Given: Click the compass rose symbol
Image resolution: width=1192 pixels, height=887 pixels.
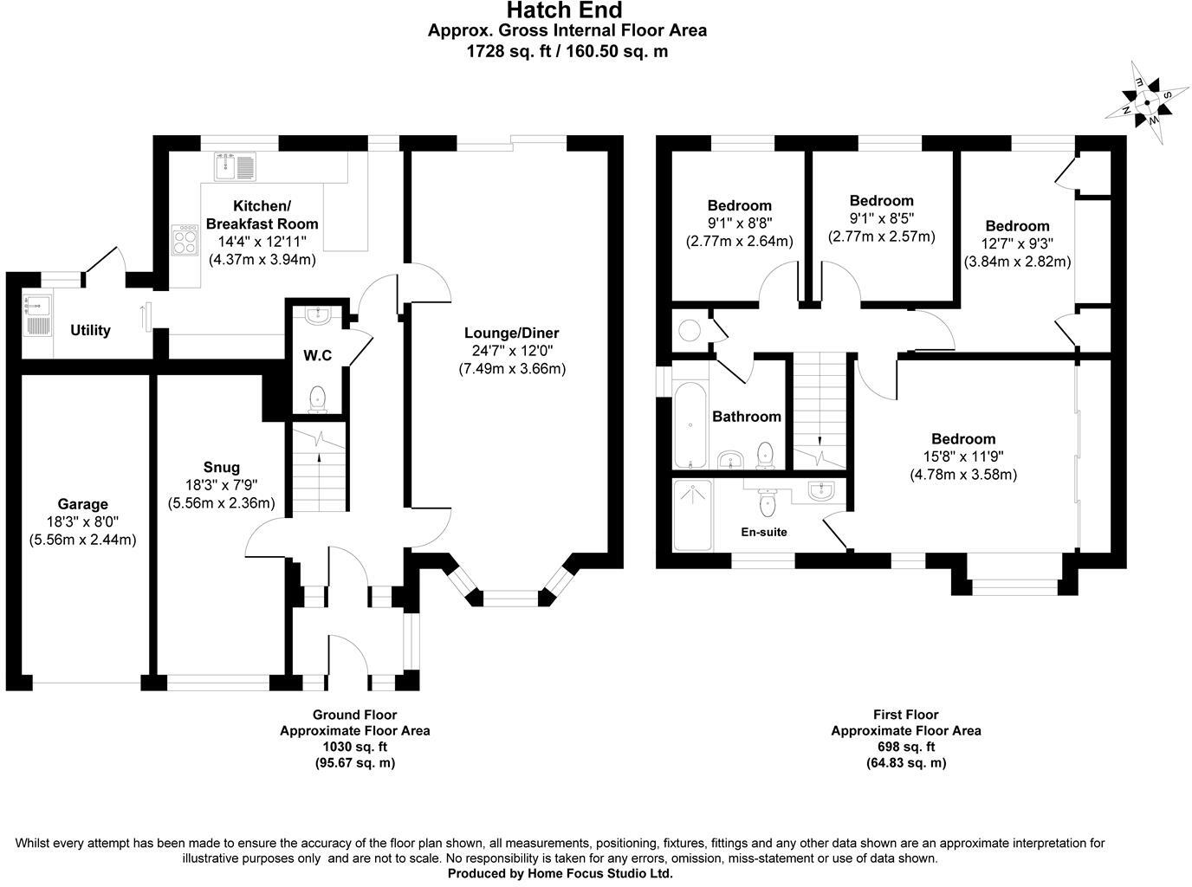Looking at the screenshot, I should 1146,100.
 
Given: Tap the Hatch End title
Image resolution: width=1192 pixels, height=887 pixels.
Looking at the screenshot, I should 564,10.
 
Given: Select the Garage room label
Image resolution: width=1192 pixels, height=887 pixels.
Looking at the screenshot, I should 82,504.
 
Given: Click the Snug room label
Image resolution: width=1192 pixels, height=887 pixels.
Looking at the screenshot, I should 222,467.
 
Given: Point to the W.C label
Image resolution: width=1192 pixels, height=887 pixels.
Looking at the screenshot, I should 317,355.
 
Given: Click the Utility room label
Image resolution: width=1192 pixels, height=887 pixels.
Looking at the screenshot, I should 90,330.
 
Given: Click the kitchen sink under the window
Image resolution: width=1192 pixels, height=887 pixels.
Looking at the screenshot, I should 235,165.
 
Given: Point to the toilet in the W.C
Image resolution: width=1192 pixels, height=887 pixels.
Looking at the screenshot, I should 317,398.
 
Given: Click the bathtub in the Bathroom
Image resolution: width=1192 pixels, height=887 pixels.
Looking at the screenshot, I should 690,424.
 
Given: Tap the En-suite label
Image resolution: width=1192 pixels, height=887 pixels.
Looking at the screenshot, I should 764,532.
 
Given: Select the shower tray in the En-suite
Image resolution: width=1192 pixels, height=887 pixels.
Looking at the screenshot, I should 692,515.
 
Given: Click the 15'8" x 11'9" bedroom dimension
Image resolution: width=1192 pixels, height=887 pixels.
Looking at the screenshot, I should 962,456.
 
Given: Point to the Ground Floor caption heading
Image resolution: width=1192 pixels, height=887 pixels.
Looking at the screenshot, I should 354,715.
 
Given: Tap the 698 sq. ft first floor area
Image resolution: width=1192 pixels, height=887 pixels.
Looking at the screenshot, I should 906,747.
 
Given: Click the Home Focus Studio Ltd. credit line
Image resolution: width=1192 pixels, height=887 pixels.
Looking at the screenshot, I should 560,874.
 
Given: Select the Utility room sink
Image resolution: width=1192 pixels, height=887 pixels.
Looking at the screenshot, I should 38,314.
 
